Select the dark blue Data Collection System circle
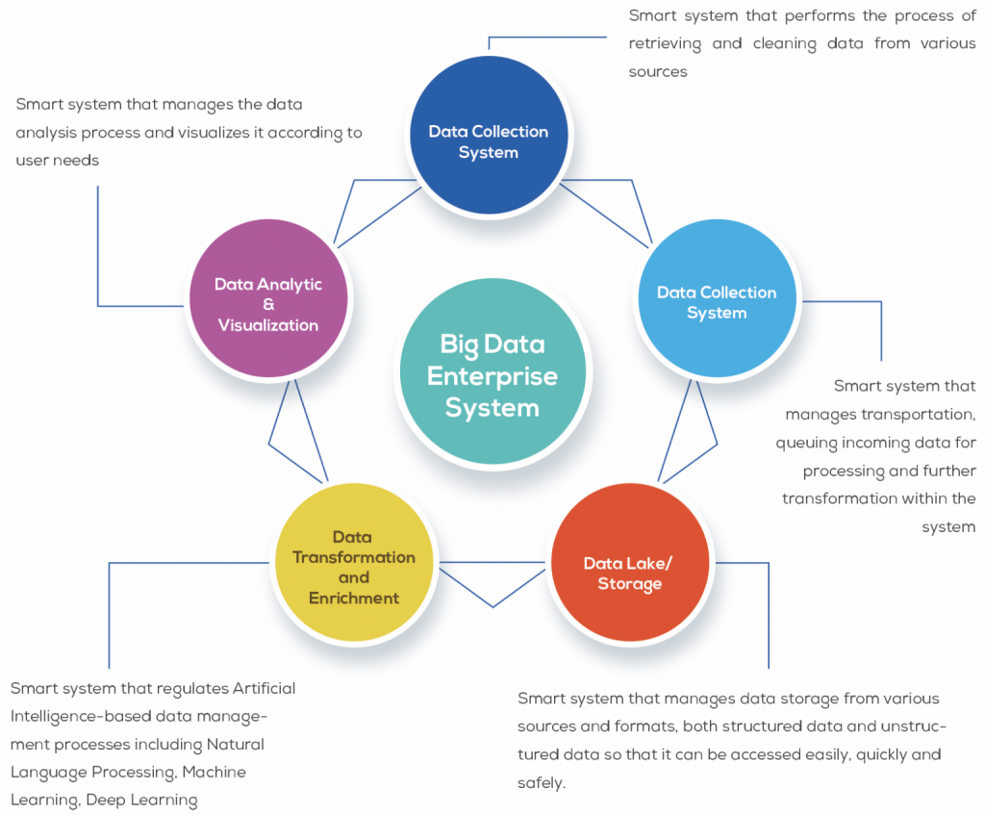coord(488,135)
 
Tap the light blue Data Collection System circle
coord(717,301)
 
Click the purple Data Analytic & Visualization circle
coord(268,304)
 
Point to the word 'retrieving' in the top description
coord(668,43)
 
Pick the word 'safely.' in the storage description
coord(542,782)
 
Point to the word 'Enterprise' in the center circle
coord(492,375)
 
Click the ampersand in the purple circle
coord(268,304)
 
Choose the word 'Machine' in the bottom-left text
coord(214,772)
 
